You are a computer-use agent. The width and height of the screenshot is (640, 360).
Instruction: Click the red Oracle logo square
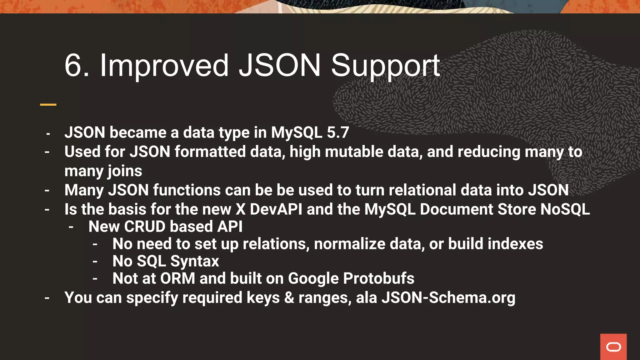pyautogui.click(x=613, y=347)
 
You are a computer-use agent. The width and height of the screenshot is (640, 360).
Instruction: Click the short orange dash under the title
pyautogui.click(x=48, y=104)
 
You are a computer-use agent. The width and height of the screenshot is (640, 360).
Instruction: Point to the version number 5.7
pyautogui.click(x=338, y=132)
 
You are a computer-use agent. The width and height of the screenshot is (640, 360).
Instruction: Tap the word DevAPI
pyautogui.click(x=276, y=209)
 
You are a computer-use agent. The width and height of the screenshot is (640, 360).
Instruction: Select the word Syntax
pyautogui.click(x=194, y=261)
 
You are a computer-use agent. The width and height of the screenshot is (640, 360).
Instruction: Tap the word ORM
pyautogui.click(x=177, y=278)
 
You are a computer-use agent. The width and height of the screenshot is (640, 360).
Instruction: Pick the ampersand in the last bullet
pyautogui.click(x=289, y=297)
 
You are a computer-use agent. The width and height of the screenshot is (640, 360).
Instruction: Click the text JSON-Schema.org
pyautogui.click(x=448, y=297)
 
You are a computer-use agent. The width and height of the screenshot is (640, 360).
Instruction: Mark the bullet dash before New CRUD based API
pyautogui.click(x=71, y=227)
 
